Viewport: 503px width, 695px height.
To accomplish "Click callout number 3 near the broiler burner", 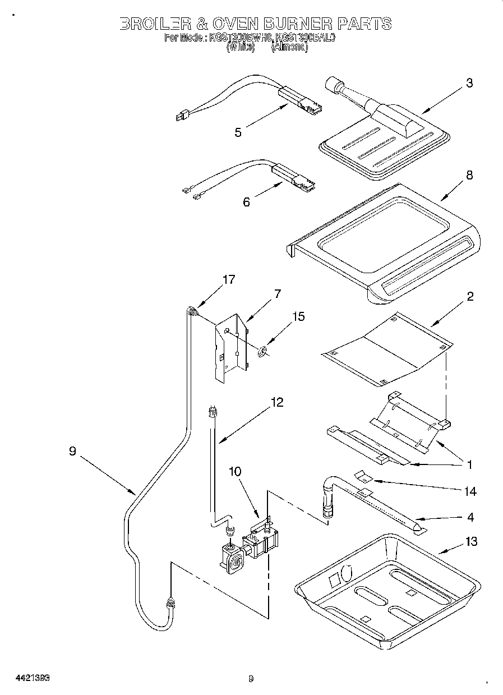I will [469, 83].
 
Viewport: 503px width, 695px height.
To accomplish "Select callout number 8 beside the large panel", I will [469, 175].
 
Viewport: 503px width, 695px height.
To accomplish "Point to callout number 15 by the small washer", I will [298, 317].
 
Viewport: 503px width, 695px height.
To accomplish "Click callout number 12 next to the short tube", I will [276, 402].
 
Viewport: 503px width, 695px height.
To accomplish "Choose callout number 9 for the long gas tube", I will [72, 451].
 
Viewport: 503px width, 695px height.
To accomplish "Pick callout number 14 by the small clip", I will [470, 491].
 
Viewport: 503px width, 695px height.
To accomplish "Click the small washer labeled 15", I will [261, 352].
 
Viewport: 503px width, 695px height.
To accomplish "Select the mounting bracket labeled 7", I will [230, 351].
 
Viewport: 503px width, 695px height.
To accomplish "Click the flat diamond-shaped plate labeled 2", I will [387, 351].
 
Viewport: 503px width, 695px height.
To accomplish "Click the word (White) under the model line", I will [241, 48].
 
